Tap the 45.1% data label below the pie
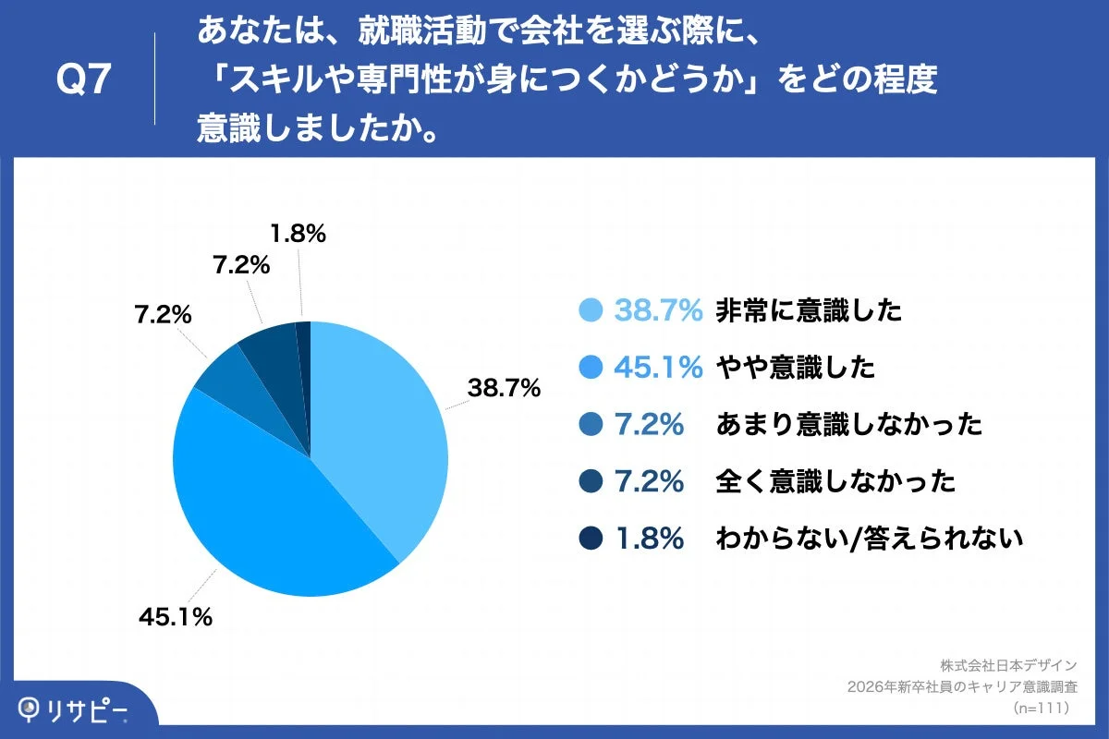(176, 617)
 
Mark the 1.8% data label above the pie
(297, 235)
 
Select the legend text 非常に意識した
(808, 311)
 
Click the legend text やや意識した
(795, 368)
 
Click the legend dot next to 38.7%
(591, 311)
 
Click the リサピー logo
(74, 709)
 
